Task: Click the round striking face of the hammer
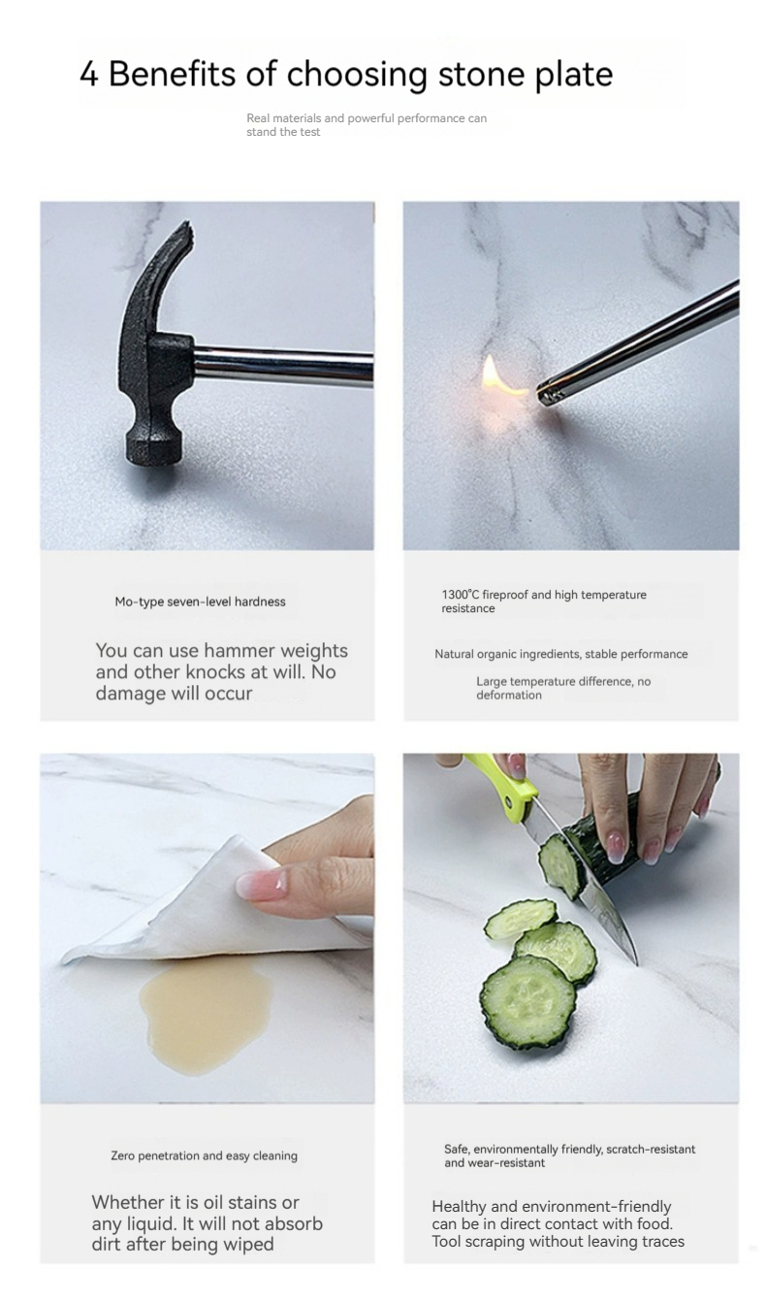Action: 153,451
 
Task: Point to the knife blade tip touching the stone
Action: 636,963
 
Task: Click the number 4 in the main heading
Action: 89,75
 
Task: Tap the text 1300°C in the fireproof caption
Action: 461,594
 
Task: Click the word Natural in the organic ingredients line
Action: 454,654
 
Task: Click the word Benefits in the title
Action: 172,75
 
